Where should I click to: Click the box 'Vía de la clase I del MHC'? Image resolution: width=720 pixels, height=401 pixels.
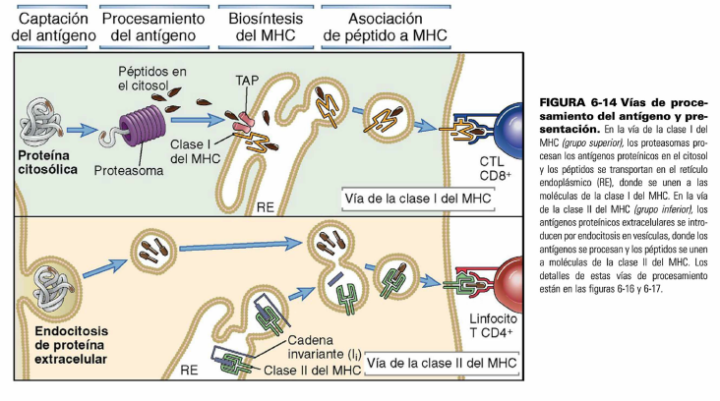[x=417, y=198]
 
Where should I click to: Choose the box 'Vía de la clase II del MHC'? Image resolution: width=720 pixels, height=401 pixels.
[x=440, y=363]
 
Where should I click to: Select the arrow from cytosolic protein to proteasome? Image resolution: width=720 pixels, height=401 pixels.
[x=90, y=129]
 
